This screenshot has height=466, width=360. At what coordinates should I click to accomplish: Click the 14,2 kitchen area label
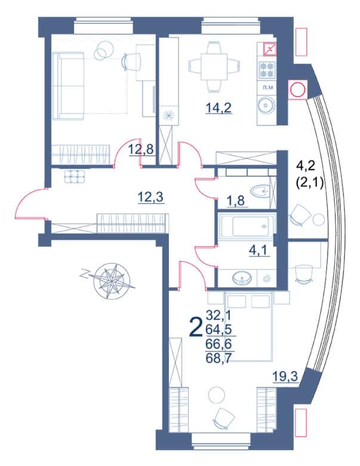[x=219, y=108]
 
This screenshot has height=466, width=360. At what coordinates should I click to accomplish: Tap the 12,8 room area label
[x=141, y=149]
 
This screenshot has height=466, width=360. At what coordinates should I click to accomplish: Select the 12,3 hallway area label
[x=151, y=197]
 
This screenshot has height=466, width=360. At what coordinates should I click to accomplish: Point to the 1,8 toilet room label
[x=236, y=201]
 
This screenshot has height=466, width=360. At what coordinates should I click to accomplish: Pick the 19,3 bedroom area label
[x=285, y=377]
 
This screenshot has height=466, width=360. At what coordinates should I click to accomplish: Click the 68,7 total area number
[x=219, y=358]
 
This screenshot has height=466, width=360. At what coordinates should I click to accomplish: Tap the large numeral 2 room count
[x=196, y=327]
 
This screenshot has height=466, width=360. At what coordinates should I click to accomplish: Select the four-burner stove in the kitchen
[x=267, y=70]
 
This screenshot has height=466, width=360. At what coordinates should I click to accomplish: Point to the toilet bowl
[x=259, y=191]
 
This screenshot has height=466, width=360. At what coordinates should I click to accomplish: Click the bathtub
[x=247, y=226]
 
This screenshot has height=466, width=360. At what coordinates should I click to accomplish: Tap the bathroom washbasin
[x=242, y=278]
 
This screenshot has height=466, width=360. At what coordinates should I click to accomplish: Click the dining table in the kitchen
[x=214, y=66]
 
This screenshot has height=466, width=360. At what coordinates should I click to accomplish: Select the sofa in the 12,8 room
[x=68, y=85]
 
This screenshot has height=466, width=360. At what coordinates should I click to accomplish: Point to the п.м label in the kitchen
[x=267, y=88]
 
